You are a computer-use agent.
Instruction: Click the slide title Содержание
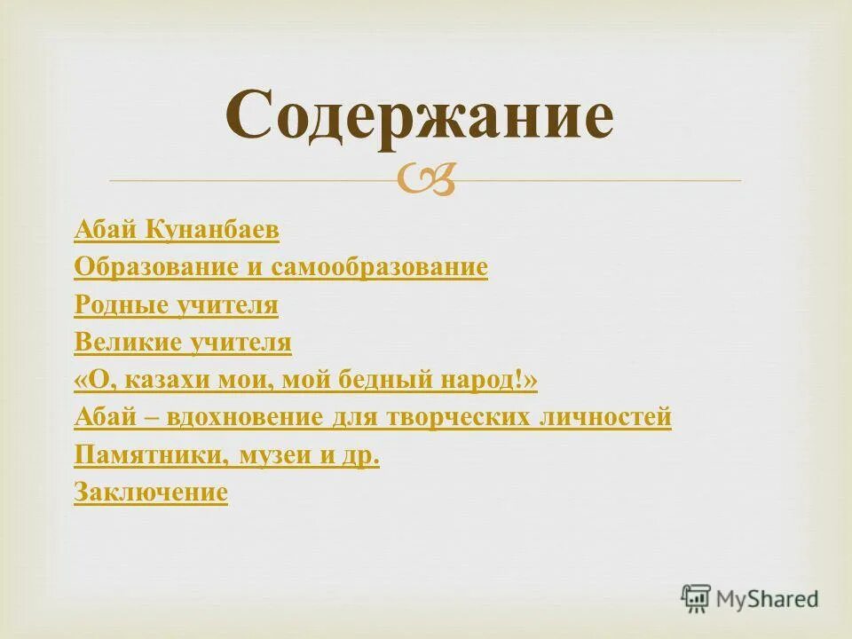(418, 115)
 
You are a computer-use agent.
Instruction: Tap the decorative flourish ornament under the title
(427, 180)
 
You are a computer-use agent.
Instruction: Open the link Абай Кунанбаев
(177, 231)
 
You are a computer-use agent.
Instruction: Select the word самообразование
(379, 268)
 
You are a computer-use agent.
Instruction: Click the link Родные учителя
(177, 306)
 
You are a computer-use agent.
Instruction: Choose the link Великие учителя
(183, 343)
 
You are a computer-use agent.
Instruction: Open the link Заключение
(151, 493)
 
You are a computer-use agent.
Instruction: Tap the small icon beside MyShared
(696, 598)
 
